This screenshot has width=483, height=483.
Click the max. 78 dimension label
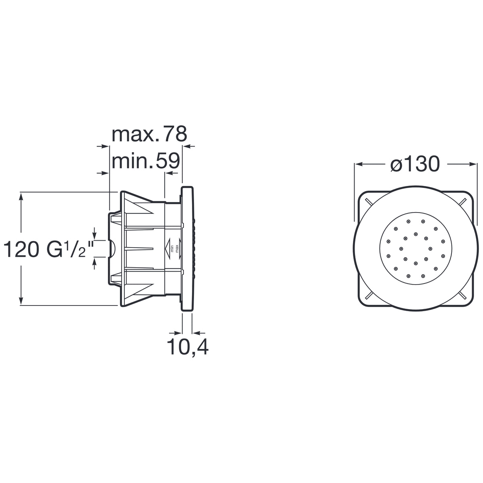(149, 134)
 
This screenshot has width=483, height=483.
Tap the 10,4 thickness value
(188, 347)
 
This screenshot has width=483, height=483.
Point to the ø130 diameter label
(415, 164)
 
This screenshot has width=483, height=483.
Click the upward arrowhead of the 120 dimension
(21, 197)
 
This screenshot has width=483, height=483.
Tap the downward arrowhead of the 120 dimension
(21, 300)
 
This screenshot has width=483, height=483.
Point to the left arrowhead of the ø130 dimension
(359, 164)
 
